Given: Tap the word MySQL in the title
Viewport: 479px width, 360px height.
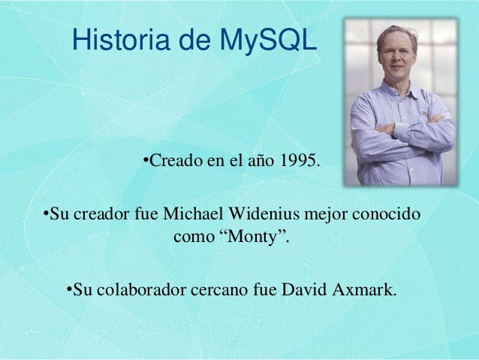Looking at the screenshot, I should click(268, 41).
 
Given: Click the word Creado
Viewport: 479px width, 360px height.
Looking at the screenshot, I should click(173, 160).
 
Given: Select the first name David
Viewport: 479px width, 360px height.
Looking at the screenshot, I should click(301, 289).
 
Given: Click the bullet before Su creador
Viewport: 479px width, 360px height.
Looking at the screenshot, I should click(44, 216).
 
